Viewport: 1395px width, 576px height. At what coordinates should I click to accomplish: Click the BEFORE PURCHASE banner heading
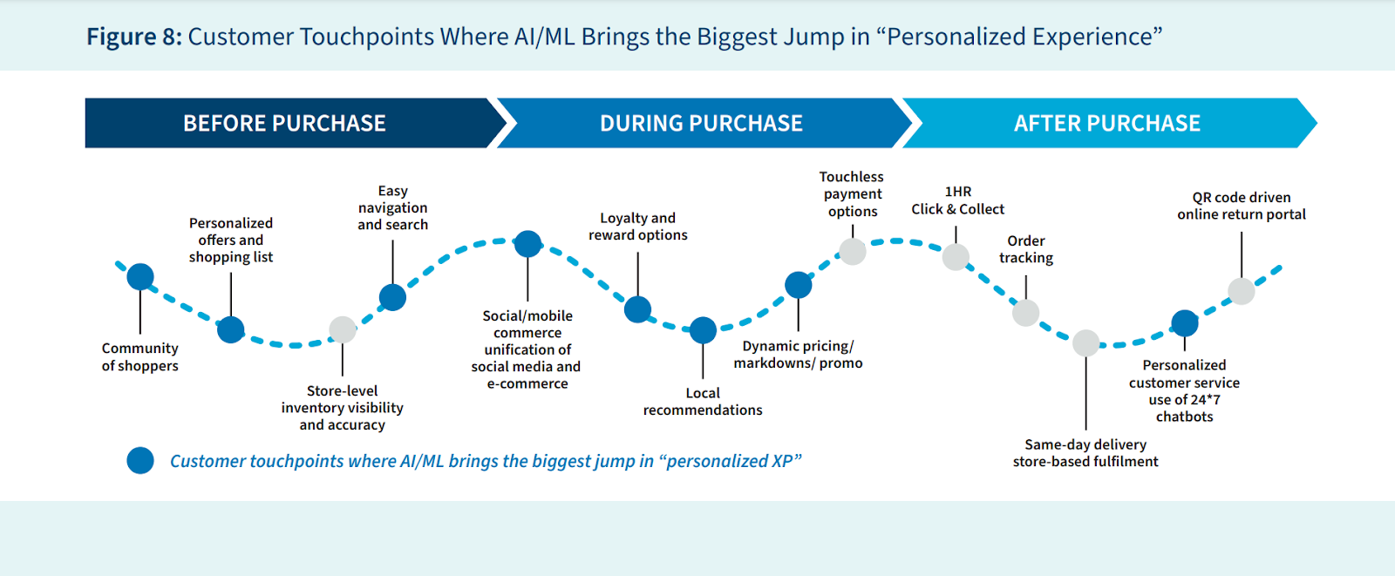[x=284, y=124]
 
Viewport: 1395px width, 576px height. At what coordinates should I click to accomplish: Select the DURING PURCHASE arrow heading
[x=701, y=124]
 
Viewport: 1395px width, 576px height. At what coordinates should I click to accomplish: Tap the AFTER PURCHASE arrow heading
[x=1106, y=124]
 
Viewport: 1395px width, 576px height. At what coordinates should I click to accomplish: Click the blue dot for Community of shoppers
[x=140, y=277]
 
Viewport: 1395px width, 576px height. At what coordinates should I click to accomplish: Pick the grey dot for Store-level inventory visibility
[x=343, y=329]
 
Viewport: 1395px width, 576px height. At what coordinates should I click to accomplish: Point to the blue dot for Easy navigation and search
[x=392, y=297]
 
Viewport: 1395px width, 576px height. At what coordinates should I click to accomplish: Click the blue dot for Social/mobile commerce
[x=527, y=244]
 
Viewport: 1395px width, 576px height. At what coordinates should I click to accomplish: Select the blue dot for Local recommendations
[x=703, y=330]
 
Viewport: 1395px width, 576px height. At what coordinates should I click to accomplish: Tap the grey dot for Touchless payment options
[x=853, y=251]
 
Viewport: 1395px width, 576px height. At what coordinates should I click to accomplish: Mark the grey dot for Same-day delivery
[x=1085, y=343]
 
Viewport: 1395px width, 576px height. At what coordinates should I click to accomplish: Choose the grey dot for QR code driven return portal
[x=1242, y=291]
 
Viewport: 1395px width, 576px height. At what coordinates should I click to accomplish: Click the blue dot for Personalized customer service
[x=1184, y=323]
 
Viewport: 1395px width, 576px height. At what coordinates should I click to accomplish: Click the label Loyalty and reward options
[x=637, y=227]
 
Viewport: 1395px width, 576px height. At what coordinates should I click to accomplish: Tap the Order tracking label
[x=1026, y=249]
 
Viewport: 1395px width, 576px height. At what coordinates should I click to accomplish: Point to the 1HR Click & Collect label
[x=957, y=200]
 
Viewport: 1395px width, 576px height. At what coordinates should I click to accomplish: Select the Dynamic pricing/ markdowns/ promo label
[x=798, y=355]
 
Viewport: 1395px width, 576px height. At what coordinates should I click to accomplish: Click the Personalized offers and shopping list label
[x=231, y=240]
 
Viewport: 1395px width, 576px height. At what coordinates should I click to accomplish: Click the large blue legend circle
[x=140, y=460]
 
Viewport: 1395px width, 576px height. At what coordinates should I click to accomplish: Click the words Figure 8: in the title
[x=134, y=37]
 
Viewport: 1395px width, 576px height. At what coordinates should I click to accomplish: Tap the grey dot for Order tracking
[x=1025, y=313]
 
